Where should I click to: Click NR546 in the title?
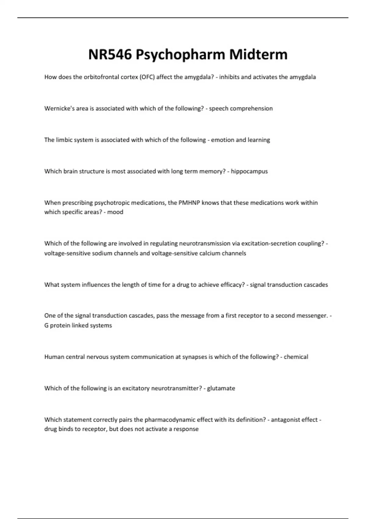click(x=110, y=55)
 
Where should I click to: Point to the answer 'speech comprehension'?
click(x=241, y=109)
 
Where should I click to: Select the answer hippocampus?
click(x=249, y=172)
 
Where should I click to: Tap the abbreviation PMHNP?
click(x=189, y=203)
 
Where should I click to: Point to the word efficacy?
click(x=232, y=285)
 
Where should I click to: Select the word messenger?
click(x=311, y=316)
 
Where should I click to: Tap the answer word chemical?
click(x=296, y=357)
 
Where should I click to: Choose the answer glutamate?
click(x=221, y=388)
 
